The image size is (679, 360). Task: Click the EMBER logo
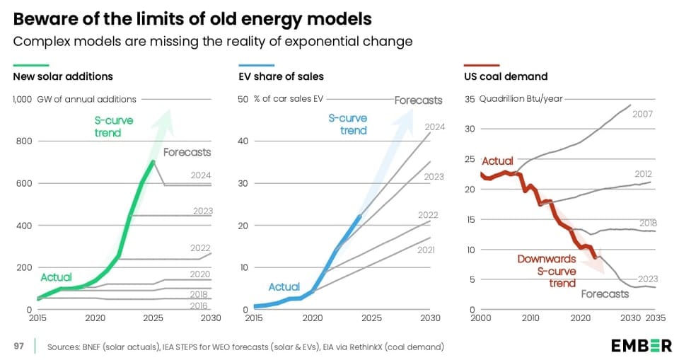[x=641, y=346]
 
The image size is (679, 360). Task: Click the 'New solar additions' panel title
[x=63, y=76]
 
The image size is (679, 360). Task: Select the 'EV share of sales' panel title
[x=281, y=76]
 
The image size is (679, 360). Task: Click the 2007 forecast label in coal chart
[x=643, y=114]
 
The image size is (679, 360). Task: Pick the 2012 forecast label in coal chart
[x=643, y=174]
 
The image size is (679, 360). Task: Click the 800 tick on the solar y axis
[x=23, y=141]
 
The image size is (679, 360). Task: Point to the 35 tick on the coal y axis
[x=469, y=99]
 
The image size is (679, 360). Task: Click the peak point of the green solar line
[x=153, y=162]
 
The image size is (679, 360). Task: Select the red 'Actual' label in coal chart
[x=497, y=161]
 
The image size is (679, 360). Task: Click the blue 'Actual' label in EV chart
[x=284, y=286]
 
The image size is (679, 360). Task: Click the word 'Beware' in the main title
[x=42, y=18]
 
